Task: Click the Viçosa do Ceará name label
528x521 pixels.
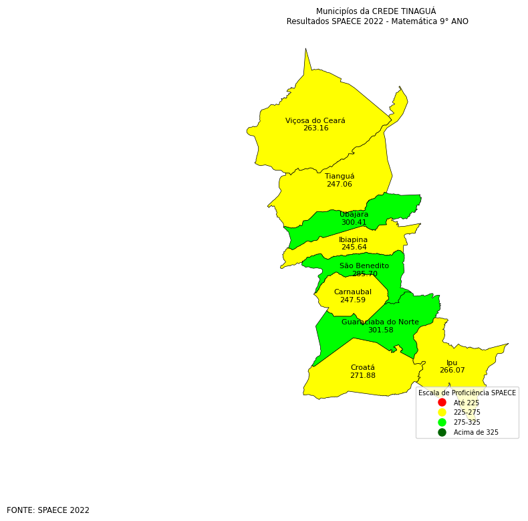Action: click(315, 121)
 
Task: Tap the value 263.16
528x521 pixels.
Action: click(315, 128)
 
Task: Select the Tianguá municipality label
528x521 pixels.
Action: click(340, 177)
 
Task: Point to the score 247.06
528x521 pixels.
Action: click(340, 185)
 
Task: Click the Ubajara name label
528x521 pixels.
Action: click(354, 215)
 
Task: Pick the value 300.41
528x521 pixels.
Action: click(354, 223)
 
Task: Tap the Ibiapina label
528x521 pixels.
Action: click(353, 239)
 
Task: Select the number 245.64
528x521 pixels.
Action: click(354, 247)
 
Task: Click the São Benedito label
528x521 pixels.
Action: click(364, 266)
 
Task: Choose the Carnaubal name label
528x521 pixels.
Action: click(353, 292)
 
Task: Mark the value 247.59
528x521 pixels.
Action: click(353, 300)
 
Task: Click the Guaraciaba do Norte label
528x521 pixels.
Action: click(380, 322)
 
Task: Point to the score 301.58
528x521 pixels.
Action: click(380, 330)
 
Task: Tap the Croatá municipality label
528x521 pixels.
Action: click(363, 368)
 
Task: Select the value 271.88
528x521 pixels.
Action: click(363, 376)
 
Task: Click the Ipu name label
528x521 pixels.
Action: click(452, 362)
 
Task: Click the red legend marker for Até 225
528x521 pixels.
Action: click(442, 403)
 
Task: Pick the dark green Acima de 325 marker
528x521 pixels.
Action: click(442, 433)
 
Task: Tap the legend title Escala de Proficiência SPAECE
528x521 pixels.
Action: click(467, 393)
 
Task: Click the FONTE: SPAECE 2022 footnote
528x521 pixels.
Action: click(48, 510)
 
